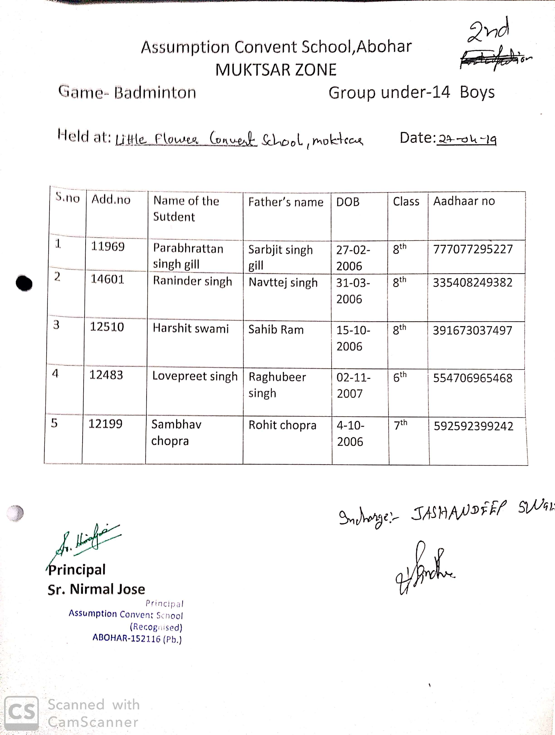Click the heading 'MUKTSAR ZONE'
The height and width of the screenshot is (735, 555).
[x=276, y=70]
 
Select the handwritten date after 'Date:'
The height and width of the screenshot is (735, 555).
[x=467, y=140]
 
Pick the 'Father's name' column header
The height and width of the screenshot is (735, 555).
[x=286, y=202]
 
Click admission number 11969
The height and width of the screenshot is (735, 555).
[x=108, y=247]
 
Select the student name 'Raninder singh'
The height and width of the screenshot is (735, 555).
[x=192, y=281]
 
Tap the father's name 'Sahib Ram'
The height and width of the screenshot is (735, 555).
[x=276, y=330]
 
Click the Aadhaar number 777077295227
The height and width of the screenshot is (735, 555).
[x=473, y=249]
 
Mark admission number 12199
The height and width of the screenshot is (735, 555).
[x=105, y=424]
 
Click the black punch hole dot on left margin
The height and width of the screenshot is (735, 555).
[x=24, y=283]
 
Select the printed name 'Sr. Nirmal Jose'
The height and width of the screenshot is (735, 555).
[x=96, y=589]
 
